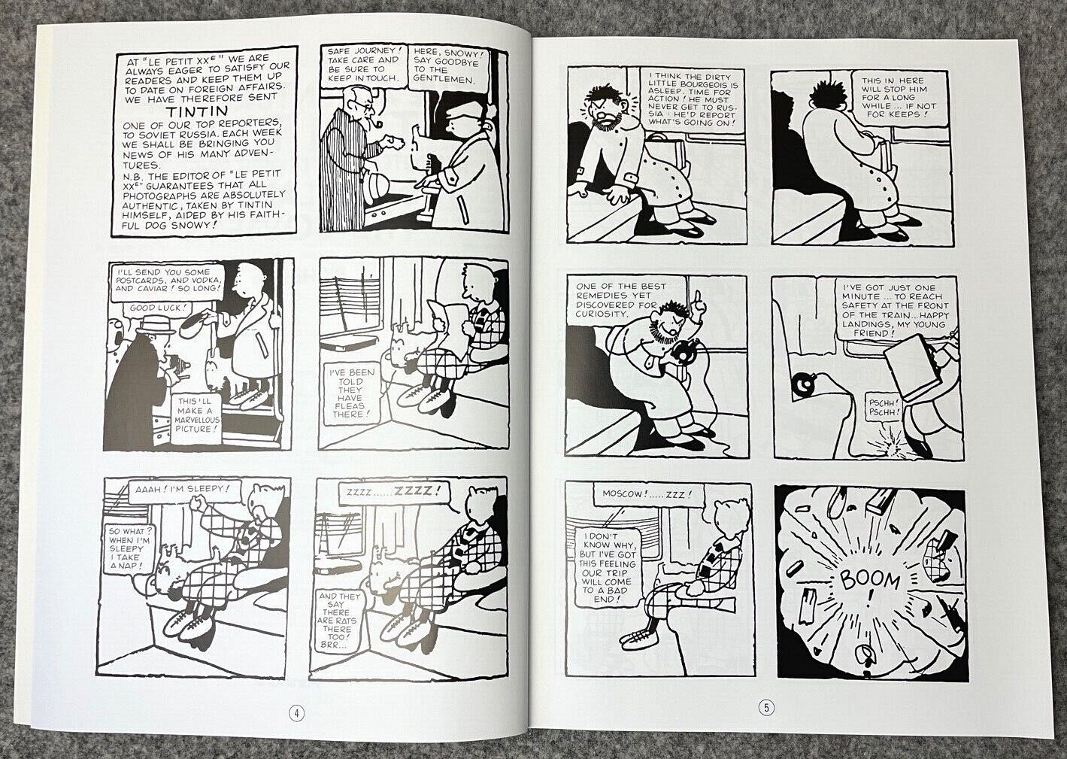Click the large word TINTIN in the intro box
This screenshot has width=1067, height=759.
coord(190,112)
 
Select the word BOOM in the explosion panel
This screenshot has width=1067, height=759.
coord(870,579)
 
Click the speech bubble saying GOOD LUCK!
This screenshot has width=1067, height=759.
coord(156,308)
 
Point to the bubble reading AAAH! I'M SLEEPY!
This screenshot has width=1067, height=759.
coord(184,490)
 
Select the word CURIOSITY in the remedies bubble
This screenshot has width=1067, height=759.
coord(602,314)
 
